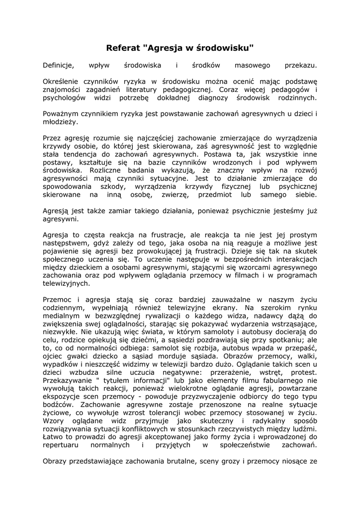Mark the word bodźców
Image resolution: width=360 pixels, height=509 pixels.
click(56, 406)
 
